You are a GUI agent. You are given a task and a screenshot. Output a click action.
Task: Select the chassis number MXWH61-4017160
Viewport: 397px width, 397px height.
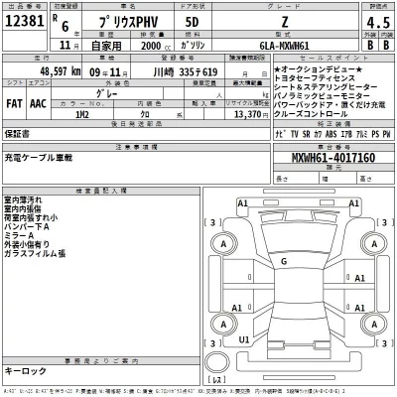pyautogui.click(x=333, y=158)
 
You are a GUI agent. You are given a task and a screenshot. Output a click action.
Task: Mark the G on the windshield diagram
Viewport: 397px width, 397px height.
pyautogui.click(x=283, y=261)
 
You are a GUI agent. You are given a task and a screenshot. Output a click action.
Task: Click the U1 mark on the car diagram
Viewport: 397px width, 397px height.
pyautogui.click(x=243, y=339)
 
